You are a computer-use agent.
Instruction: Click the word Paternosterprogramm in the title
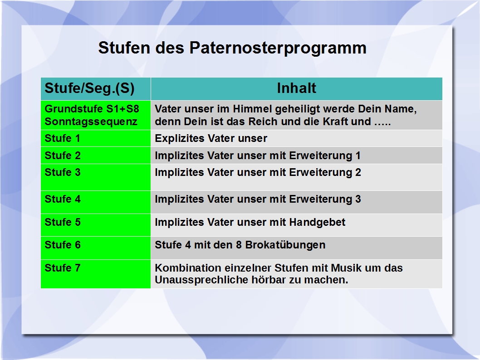(x=278, y=49)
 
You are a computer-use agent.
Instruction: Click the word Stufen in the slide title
(x=124, y=48)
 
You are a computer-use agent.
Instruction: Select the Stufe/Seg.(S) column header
(x=89, y=88)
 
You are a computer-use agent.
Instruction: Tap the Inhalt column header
(x=296, y=88)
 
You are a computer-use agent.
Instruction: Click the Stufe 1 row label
(x=63, y=138)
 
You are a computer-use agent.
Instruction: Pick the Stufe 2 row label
(x=63, y=156)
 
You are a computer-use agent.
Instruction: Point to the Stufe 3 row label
(x=63, y=172)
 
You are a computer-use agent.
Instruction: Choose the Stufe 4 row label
(x=63, y=199)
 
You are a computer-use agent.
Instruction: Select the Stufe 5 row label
(x=63, y=222)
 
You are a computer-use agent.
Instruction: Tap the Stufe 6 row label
(x=63, y=245)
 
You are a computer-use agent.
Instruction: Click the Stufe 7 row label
(x=63, y=268)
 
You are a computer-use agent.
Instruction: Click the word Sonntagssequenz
(x=91, y=122)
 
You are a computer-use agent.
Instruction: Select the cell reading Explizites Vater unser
(x=211, y=138)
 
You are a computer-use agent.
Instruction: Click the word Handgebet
(x=317, y=222)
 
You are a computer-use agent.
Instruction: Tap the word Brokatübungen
(x=285, y=245)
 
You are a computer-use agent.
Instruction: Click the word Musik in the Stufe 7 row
(x=346, y=268)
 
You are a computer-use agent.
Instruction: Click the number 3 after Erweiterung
(x=358, y=199)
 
